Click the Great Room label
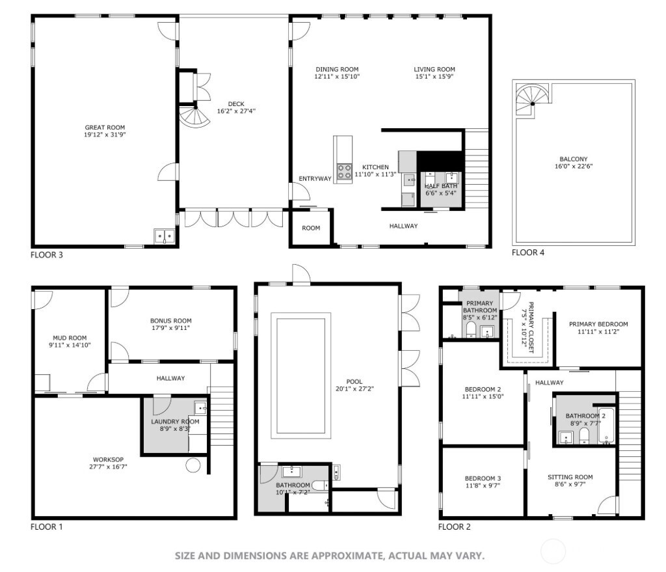point(105,128)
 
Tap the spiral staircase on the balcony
point(531,100)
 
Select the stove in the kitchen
point(343,171)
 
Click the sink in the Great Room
point(164,236)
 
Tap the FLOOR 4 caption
point(527,252)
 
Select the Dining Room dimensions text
point(337,77)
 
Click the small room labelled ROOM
point(311,228)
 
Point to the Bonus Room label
point(171,321)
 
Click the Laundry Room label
point(175,422)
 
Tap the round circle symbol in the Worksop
point(193,465)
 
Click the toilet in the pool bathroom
point(319,485)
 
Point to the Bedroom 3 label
point(482,478)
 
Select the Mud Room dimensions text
point(70,345)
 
